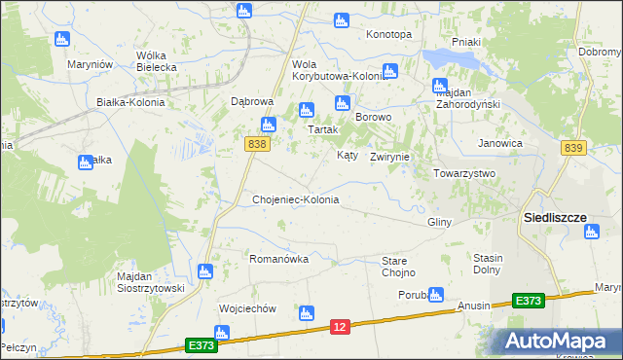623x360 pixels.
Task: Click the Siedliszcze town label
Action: [555, 217]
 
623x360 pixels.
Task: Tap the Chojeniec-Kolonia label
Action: [296, 199]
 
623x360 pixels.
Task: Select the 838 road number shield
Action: [256, 144]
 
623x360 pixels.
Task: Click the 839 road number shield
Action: [573, 147]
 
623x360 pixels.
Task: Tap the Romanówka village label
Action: [278, 259]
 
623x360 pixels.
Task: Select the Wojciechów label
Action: [248, 308]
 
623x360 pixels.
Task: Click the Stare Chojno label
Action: [398, 267]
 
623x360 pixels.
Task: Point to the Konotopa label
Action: [388, 34]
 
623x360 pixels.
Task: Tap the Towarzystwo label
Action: [464, 173]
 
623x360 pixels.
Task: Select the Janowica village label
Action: [500, 143]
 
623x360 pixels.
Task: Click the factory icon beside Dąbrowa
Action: [268, 124]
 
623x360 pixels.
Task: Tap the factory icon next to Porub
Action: [435, 294]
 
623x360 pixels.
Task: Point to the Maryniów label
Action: [92, 64]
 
